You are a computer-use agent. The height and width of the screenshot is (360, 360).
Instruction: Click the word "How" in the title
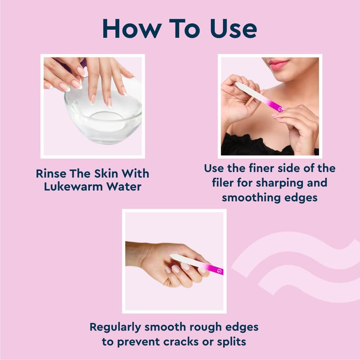132,29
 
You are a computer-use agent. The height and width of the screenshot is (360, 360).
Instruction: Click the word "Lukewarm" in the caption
73,186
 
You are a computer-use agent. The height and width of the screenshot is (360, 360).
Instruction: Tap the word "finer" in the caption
261,168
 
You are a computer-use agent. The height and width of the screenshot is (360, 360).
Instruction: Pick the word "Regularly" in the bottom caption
115,328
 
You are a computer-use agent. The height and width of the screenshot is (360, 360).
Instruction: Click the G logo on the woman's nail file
279,109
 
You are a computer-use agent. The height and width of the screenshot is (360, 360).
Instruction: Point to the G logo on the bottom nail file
220,271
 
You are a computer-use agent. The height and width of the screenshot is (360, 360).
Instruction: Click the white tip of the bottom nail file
172,256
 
